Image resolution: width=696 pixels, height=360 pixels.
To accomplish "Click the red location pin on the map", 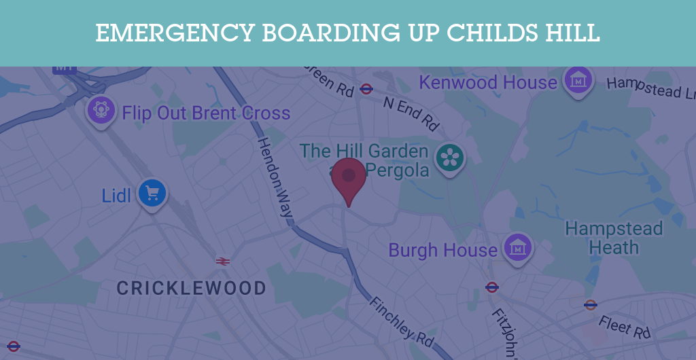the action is [x=349, y=178].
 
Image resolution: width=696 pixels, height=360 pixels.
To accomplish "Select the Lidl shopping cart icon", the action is [x=152, y=194].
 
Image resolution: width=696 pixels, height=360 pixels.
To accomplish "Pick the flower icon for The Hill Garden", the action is [x=449, y=158].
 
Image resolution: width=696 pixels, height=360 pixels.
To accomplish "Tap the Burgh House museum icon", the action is [x=518, y=249].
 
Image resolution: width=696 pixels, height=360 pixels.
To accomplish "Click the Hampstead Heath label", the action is [x=614, y=238].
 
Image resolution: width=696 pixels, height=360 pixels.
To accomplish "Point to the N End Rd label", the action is [x=411, y=113].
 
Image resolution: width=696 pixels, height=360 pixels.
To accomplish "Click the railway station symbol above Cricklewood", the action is [x=222, y=261].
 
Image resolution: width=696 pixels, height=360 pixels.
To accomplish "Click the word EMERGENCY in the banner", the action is [x=173, y=33].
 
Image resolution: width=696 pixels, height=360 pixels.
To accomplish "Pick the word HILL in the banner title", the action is [x=576, y=33].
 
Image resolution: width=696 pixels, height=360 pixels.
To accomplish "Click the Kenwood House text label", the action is [x=488, y=83].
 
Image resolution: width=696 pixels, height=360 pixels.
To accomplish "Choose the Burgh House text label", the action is [x=443, y=250].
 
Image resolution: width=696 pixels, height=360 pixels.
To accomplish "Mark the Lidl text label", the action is [x=116, y=196].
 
